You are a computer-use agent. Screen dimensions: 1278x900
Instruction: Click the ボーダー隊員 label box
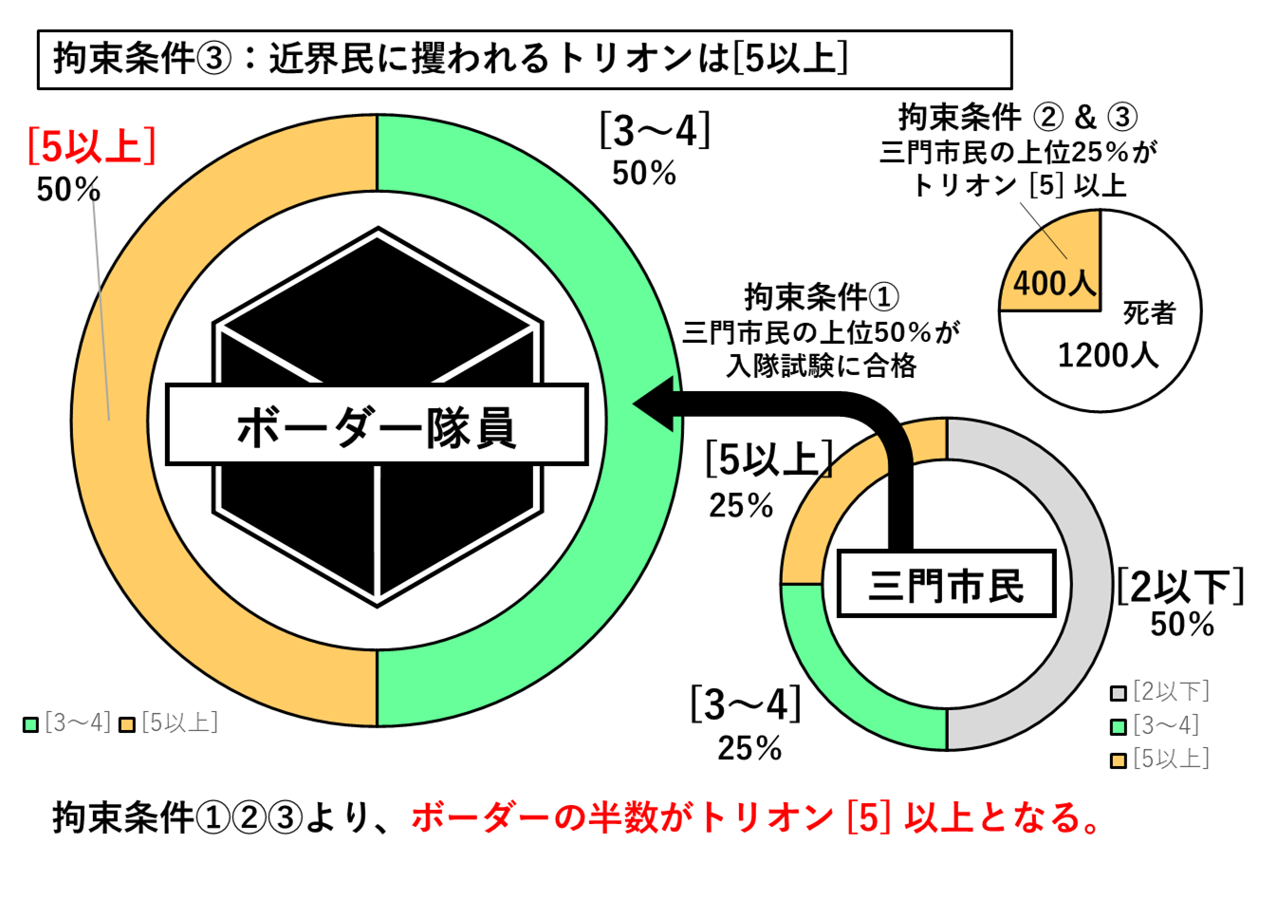377,424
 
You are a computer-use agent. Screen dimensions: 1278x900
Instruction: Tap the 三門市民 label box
947,583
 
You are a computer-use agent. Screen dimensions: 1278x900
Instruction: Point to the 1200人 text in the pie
1108,355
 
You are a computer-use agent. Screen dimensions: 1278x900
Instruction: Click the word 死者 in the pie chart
1149,312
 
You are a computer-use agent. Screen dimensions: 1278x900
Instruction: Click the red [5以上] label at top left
92,146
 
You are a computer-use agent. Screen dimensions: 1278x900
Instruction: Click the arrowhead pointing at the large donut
654,403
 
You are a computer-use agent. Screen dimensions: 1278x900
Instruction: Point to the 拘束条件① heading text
822,297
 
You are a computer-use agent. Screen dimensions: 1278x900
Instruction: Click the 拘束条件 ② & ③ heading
1018,117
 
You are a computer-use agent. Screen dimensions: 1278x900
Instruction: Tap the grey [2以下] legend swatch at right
1119,693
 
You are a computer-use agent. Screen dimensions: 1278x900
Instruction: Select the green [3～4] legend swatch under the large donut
30,724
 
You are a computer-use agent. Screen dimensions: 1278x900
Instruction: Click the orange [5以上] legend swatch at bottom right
1119,760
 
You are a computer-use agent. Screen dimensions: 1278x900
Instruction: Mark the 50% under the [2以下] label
1181,624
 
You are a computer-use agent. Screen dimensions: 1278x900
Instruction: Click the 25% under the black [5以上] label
741,505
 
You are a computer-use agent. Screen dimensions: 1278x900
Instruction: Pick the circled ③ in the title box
213,60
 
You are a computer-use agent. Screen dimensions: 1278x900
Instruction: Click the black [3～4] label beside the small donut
746,704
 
